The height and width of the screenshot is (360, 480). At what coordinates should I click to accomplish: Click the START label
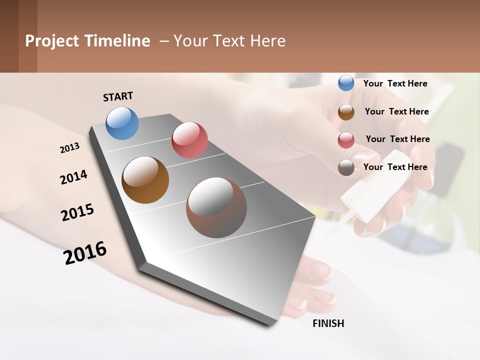[118, 96]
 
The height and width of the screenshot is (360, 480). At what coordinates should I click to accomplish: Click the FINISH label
[328, 323]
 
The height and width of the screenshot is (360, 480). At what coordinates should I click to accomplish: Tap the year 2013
[69, 148]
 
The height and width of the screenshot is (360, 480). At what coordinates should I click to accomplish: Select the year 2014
[73, 177]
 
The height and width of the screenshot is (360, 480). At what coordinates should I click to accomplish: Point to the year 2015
[77, 212]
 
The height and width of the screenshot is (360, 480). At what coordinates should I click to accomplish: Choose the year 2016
[85, 253]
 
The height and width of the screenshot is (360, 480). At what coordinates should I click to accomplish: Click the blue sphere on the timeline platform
[122, 123]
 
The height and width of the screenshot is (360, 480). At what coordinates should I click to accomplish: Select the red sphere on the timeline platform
[189, 139]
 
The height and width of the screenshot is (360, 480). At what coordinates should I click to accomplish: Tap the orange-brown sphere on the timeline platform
[145, 180]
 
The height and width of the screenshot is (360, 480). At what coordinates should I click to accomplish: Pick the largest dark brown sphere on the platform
[216, 207]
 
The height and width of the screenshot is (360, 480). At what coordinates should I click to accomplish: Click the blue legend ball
[346, 83]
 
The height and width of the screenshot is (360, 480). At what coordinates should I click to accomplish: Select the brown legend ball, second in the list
[346, 111]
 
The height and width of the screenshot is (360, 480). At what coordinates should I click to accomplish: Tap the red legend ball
[346, 139]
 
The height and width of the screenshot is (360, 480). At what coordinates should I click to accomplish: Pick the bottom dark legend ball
[346, 167]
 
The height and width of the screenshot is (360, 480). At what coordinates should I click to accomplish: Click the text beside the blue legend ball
[395, 83]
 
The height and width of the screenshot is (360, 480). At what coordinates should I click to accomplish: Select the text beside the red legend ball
[397, 139]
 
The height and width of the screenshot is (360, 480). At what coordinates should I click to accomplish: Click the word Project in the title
[52, 41]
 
